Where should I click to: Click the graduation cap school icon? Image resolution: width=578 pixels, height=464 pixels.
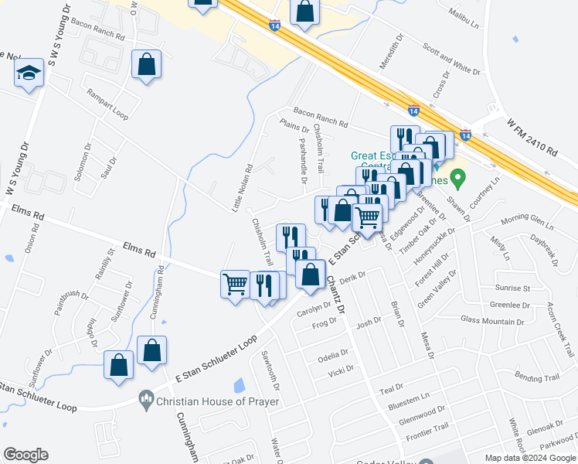[x=29, y=73]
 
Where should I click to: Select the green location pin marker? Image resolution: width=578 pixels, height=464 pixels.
[x=457, y=179]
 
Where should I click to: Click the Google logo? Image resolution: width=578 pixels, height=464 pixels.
[x=25, y=455]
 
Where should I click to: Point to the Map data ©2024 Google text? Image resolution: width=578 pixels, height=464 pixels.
[x=529, y=458]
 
